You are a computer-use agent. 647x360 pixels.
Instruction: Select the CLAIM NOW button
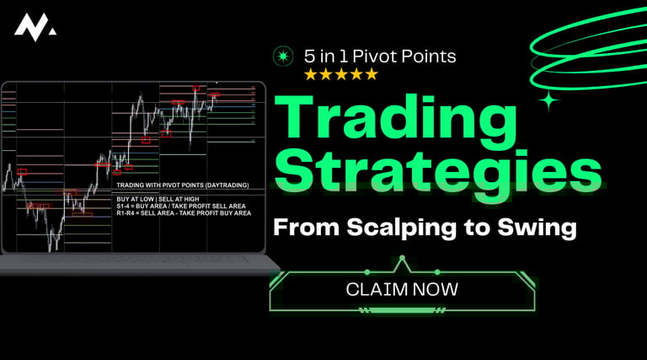402,289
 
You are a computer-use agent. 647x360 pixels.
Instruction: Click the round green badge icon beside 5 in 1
283,56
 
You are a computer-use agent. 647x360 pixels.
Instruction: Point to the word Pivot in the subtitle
379,56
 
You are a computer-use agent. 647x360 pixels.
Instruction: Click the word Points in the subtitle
430,56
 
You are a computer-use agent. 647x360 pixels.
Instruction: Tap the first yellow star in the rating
310,74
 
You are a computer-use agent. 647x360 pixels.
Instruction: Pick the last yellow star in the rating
372,74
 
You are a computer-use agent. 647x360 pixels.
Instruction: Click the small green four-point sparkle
549,102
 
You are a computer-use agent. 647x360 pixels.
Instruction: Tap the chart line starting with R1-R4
184,213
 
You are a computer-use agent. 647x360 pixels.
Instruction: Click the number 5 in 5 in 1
310,56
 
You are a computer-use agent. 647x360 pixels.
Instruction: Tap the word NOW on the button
436,289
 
